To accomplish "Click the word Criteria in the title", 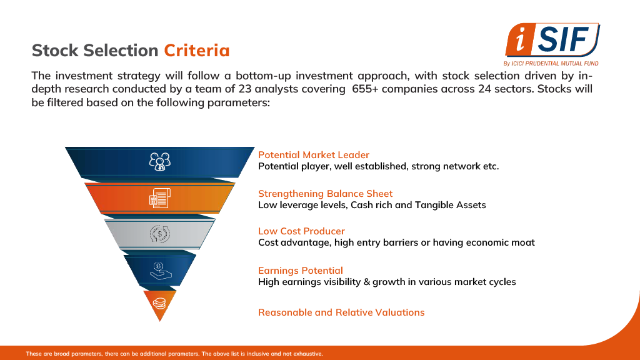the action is click(x=197, y=51).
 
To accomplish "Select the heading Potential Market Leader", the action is click(x=314, y=155).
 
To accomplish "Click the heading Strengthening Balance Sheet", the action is click(x=325, y=194).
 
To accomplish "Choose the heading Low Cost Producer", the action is click(x=301, y=231).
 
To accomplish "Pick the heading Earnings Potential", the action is click(x=301, y=271).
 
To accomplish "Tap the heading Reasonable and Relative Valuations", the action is click(x=341, y=312).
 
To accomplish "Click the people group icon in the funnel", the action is click(x=159, y=162).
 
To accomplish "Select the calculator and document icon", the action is click(x=159, y=198).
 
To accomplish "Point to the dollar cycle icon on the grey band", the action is click(x=159, y=234).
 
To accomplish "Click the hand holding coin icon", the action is click(x=161, y=271).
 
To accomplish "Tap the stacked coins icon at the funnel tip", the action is click(x=159, y=303).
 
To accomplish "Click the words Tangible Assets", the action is click(x=450, y=205).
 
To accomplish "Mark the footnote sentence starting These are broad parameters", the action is click(x=174, y=354).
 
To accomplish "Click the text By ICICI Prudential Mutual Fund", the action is click(x=551, y=63).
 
